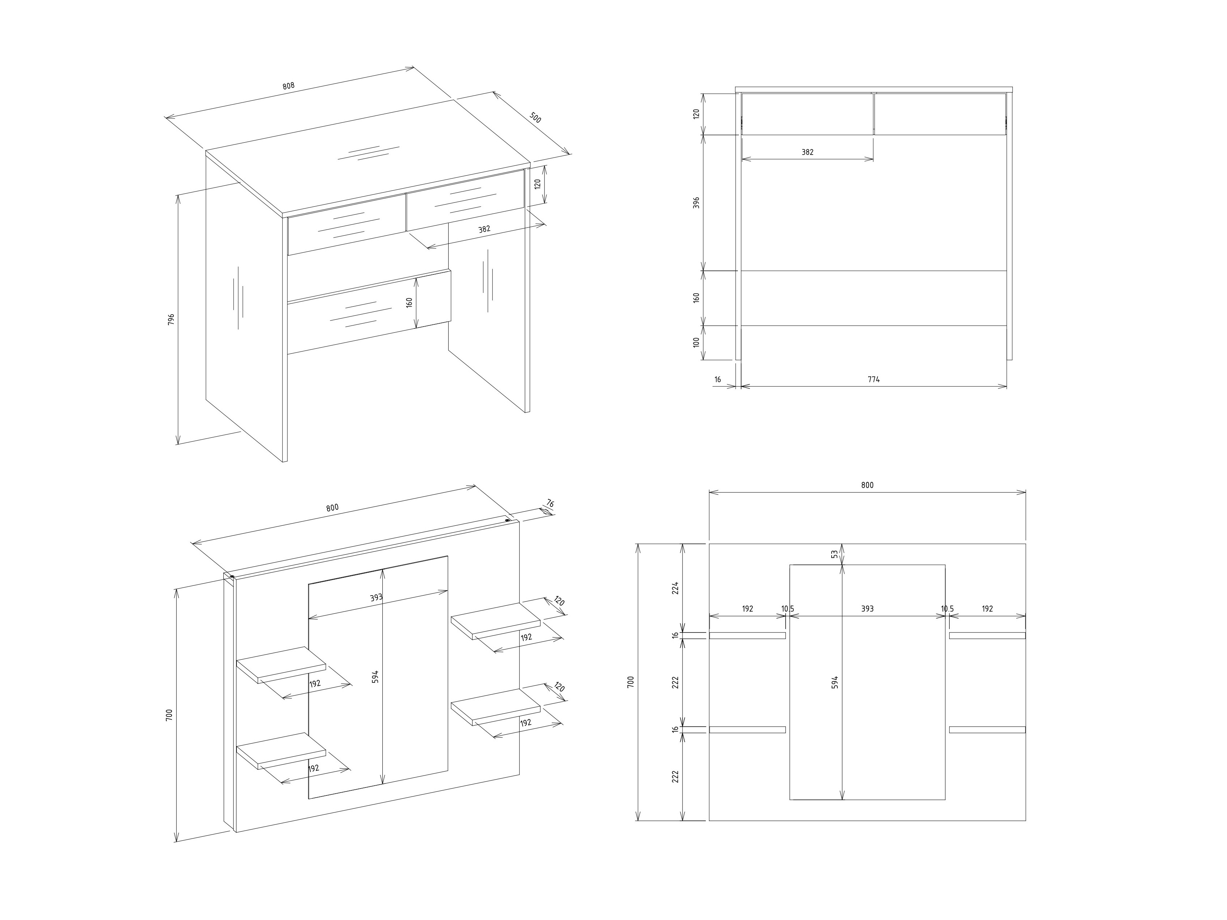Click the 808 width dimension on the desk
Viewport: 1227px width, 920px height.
(289, 86)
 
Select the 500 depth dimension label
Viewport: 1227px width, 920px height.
(535, 118)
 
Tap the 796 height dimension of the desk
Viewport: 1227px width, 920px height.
(171, 319)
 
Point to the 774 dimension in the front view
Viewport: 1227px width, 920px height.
(874, 380)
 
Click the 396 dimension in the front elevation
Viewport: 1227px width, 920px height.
(697, 202)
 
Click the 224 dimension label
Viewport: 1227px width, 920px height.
(676, 588)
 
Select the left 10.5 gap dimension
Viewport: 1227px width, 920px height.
(788, 609)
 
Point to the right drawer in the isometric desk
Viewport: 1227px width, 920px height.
(465, 199)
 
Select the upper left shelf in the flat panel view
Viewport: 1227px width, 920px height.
(747, 635)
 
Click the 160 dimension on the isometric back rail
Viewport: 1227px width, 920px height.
(409, 303)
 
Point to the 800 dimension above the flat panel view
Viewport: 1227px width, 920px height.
(867, 485)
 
